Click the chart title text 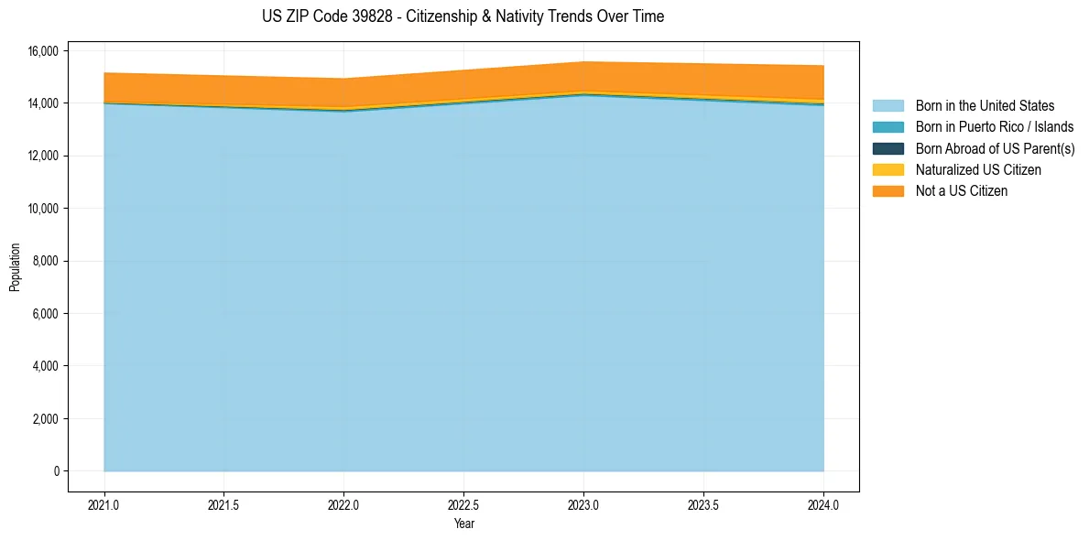[x=463, y=16]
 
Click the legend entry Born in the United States [x=985, y=106]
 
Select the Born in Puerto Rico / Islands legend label [x=995, y=127]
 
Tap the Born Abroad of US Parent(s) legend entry [x=995, y=148]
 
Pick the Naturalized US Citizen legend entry [x=978, y=170]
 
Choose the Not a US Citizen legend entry [x=962, y=191]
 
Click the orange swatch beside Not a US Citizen [x=888, y=191]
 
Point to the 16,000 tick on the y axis [x=42, y=50]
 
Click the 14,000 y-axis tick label [x=42, y=103]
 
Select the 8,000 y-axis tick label [x=45, y=261]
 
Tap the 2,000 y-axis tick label [x=45, y=419]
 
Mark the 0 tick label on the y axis [x=56, y=471]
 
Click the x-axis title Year [x=463, y=524]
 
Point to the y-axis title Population [x=15, y=267]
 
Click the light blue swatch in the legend [x=888, y=106]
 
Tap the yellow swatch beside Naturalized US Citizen [x=888, y=170]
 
